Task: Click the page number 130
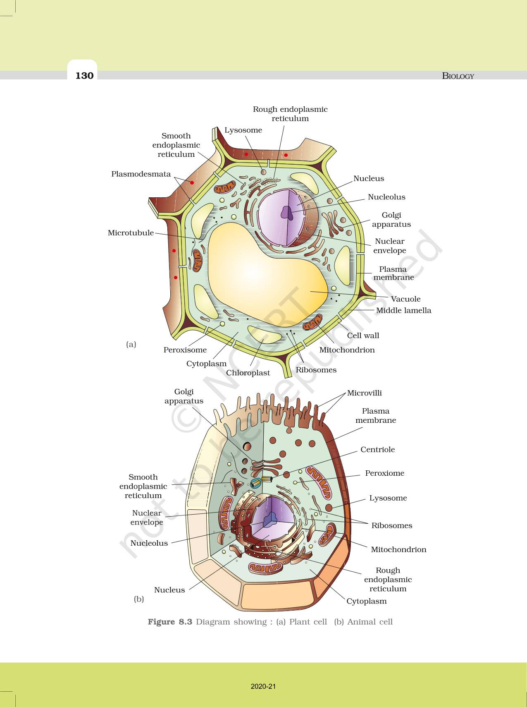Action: [84, 75]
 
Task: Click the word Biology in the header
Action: [458, 76]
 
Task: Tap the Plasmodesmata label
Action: [141, 174]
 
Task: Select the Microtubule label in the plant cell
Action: [131, 233]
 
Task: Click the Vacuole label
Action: [405, 299]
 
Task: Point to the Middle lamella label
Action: [403, 310]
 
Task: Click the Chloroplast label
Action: [248, 373]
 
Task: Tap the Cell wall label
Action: [363, 336]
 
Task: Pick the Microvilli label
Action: [364, 393]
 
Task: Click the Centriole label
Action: [377, 450]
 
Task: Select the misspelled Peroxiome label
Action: [384, 473]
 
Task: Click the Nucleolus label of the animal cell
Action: [149, 543]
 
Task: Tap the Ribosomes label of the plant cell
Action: [316, 370]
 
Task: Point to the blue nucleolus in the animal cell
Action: [272, 519]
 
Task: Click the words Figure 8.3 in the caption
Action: [170, 622]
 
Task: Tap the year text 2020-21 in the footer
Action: [263, 686]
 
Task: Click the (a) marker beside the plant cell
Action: [131, 344]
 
